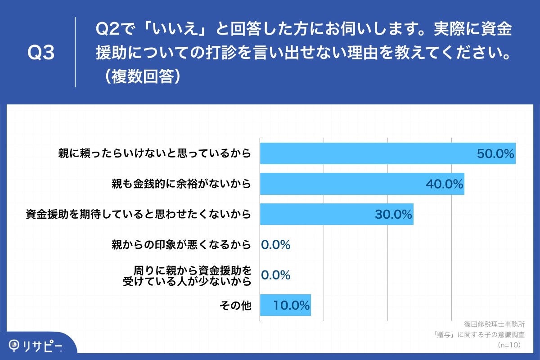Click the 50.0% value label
pyautogui.click(x=495, y=154)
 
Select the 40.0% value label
pyautogui.click(x=445, y=184)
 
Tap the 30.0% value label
pyautogui.click(x=393, y=215)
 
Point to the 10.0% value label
pyautogui.click(x=291, y=306)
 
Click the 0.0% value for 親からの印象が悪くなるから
pyautogui.click(x=275, y=245)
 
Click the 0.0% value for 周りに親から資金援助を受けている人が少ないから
pyautogui.click(x=275, y=275)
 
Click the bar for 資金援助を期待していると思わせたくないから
pyautogui.click(x=315, y=214)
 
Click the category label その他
pyautogui.click(x=235, y=306)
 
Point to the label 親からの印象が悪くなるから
pyautogui.click(x=181, y=245)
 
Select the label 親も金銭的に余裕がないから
pyautogui.click(x=181, y=184)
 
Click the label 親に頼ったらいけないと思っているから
pyautogui.click(x=154, y=154)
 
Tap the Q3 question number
pyautogui.click(x=41, y=53)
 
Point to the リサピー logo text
pyautogui.click(x=43, y=346)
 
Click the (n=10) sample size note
pyautogui.click(x=509, y=345)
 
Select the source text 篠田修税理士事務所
pyautogui.click(x=494, y=324)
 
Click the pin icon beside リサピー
pyautogui.click(x=15, y=345)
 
